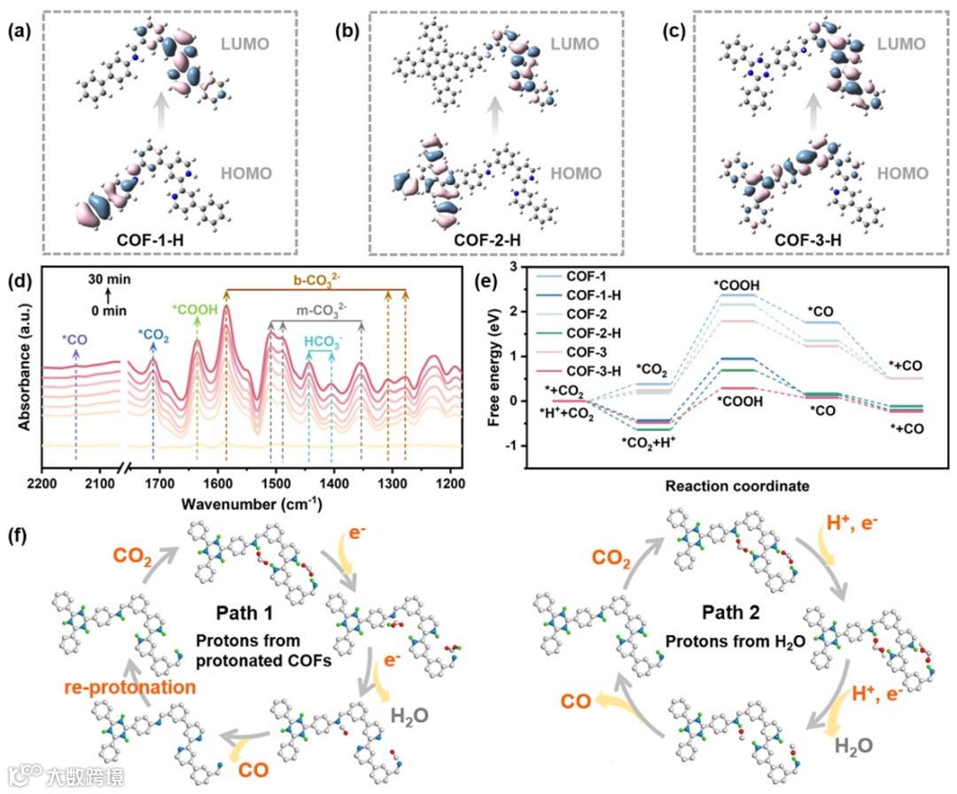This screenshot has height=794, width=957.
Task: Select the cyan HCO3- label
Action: [321, 341]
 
